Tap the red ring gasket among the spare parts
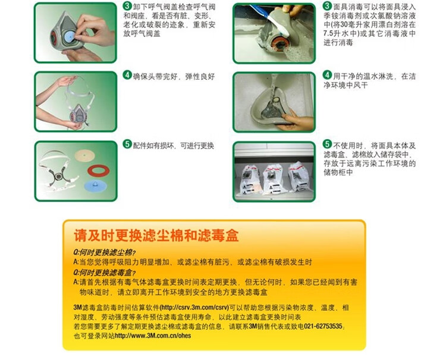[x=98, y=170]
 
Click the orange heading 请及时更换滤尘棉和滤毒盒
[x=156, y=236]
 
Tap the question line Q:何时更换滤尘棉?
[x=105, y=252]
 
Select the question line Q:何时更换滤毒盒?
[x=105, y=273]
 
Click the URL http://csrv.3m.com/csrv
[x=194, y=308]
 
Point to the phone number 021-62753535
[x=323, y=326]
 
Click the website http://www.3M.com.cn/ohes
[x=153, y=336]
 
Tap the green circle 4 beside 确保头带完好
[x=127, y=75]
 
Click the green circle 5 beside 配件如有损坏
[x=127, y=144]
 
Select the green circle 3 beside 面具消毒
[x=328, y=6]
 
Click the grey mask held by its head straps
[x=78, y=113]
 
